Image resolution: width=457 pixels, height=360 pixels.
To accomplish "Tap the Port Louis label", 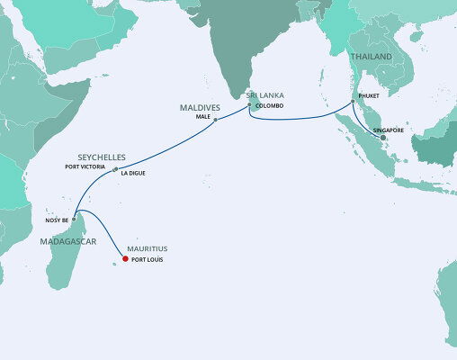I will click(x=148, y=261).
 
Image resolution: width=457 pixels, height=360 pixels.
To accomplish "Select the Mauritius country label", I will click(x=148, y=247).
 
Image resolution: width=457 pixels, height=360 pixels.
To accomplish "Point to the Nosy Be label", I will click(x=57, y=220).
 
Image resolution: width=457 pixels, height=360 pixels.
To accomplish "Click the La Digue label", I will click(x=133, y=175).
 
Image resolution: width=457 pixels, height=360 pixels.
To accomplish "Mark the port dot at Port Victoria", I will click(x=115, y=167).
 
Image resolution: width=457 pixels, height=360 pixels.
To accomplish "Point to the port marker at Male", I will click(x=216, y=120).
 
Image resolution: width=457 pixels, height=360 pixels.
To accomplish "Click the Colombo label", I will click(x=270, y=106).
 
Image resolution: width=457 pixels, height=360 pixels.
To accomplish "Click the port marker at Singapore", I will click(x=383, y=138).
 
